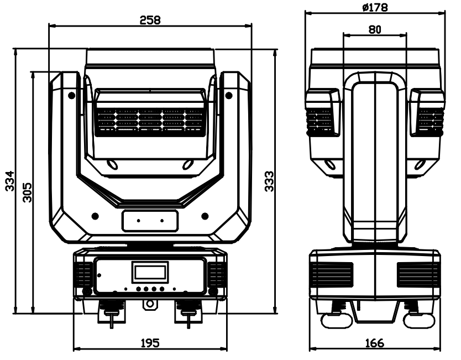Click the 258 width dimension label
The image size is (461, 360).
coord(150,20)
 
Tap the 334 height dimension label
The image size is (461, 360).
coord(10,181)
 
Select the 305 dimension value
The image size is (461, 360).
coord(27,192)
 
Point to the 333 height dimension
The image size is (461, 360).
coord(269,181)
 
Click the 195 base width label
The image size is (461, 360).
coord(150,343)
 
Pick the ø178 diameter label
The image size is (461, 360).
coord(375,7)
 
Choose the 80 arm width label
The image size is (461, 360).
coord(375,29)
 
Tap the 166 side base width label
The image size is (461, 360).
coord(375,343)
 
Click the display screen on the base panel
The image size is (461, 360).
coord(150,273)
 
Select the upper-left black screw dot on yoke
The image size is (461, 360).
coord(71,95)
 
